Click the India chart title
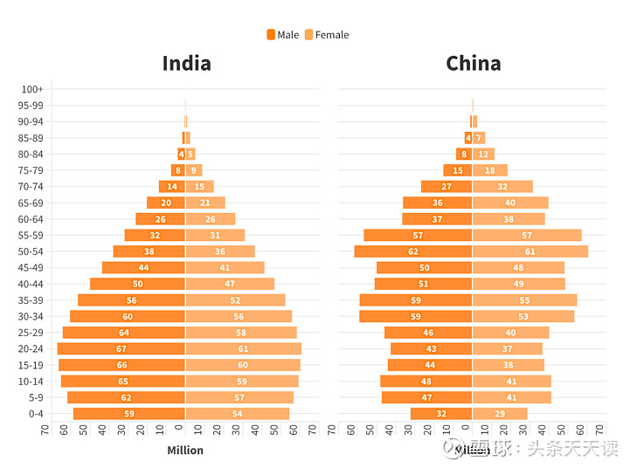tap(186, 64)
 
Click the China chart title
tap(473, 64)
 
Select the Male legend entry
tap(282, 35)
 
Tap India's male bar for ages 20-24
tap(121, 348)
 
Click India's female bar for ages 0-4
tap(237, 414)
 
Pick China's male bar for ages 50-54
tap(413, 251)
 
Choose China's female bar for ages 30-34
tap(523, 316)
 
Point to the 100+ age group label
tap(32, 89)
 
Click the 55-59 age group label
tap(31, 235)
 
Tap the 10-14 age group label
tap(31, 382)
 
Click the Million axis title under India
tap(184, 451)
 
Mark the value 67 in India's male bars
tap(121, 349)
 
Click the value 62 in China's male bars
tap(413, 251)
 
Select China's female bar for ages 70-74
tap(502, 187)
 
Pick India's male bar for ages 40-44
tap(137, 284)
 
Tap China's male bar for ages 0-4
tap(441, 414)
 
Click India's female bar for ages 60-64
tap(210, 219)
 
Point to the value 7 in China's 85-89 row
tap(479, 138)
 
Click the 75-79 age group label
tap(31, 170)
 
